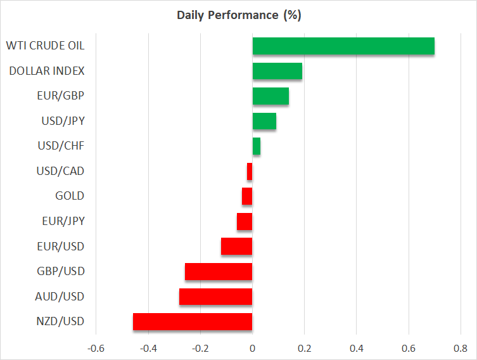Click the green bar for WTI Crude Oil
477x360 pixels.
(343, 46)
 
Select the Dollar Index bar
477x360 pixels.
(277, 71)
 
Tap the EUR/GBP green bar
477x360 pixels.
(270, 96)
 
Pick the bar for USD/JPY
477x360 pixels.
(264, 121)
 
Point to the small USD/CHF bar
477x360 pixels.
(257, 146)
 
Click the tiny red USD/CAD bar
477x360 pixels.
(250, 171)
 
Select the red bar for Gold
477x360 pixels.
(247, 196)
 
